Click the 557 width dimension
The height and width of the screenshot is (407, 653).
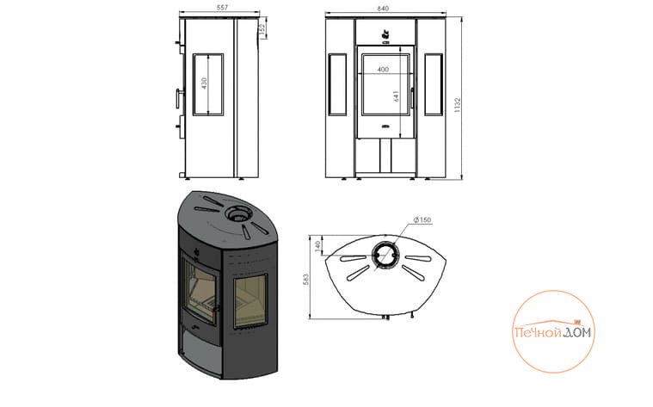(222, 8)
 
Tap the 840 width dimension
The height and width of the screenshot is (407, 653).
(383, 9)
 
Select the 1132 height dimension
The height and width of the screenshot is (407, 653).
(458, 105)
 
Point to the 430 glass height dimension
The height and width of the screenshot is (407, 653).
(204, 83)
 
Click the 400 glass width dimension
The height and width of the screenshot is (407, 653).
(383, 70)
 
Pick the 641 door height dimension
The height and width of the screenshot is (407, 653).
(396, 96)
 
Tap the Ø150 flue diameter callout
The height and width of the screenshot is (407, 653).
(422, 219)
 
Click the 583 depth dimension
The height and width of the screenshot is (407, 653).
(306, 279)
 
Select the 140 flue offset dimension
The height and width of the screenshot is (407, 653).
(317, 246)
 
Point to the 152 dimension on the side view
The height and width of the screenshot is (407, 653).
(262, 30)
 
